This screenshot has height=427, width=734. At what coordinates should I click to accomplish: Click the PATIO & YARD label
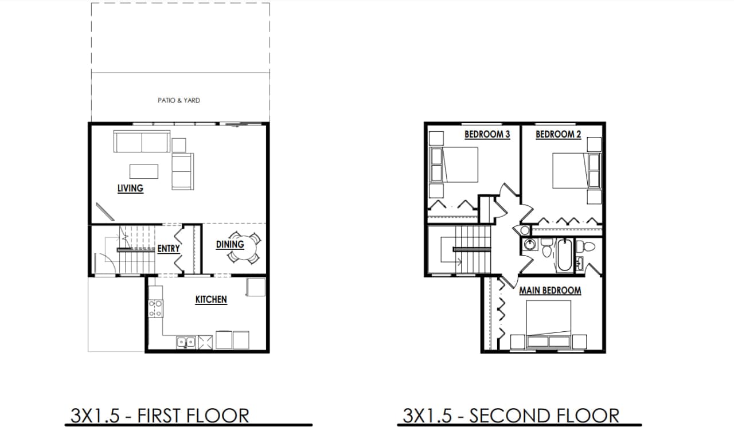click(x=179, y=100)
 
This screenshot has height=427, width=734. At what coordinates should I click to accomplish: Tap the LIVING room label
click(x=130, y=188)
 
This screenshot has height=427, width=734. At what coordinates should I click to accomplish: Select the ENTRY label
click(x=169, y=249)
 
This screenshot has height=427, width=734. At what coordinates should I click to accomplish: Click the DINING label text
click(x=230, y=244)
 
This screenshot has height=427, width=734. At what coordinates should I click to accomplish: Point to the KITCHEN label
click(x=211, y=299)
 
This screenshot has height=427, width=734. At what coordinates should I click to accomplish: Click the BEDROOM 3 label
click(x=487, y=134)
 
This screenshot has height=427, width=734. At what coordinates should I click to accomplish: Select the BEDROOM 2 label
click(x=559, y=134)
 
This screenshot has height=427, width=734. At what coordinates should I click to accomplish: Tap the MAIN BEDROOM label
click(x=550, y=291)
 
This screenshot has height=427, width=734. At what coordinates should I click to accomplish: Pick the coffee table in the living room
click(x=143, y=171)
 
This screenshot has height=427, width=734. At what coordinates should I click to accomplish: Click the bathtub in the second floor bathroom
click(x=563, y=256)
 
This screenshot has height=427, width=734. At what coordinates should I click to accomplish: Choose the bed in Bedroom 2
click(x=570, y=170)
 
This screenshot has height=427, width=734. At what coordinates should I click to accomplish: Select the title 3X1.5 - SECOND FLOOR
click(x=511, y=415)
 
